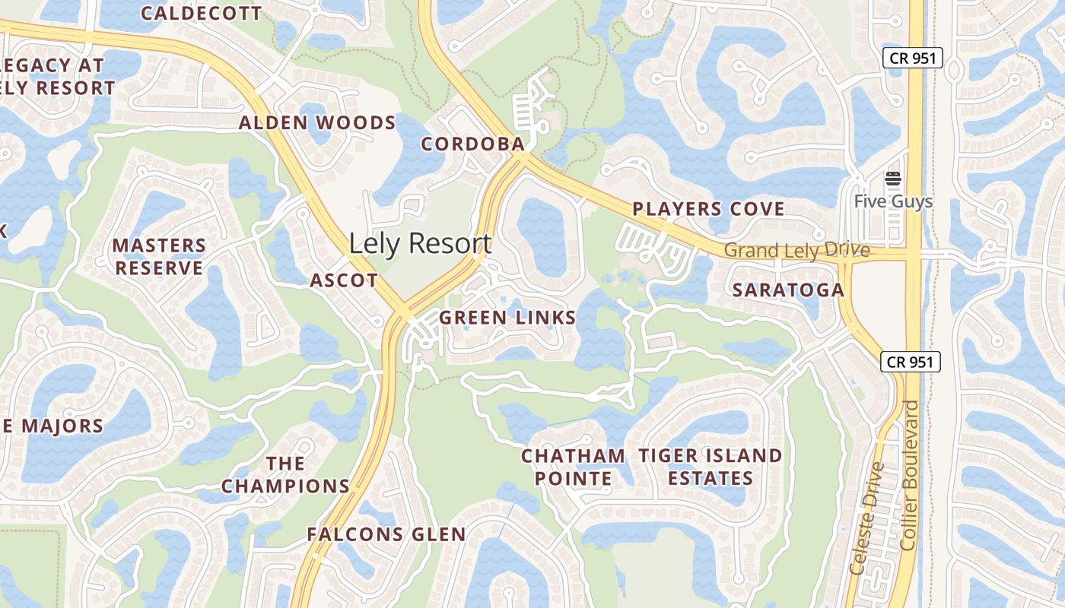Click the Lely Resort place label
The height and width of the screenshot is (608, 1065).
click(x=420, y=244)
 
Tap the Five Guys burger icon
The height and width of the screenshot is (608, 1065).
click(x=892, y=179)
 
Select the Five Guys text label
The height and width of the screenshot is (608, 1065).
click(x=892, y=201)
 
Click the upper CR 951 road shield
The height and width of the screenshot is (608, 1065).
click(x=913, y=58)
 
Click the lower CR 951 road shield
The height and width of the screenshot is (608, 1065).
click(x=911, y=362)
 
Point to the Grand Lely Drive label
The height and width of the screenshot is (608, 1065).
click(x=796, y=250)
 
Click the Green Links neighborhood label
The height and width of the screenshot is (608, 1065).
click(x=507, y=318)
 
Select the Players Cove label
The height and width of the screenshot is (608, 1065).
click(x=708, y=209)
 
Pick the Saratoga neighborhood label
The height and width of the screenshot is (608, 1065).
click(x=788, y=290)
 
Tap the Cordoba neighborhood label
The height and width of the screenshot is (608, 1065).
click(x=472, y=144)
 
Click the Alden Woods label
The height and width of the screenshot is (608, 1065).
click(x=317, y=122)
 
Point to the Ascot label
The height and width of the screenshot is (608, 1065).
click(x=344, y=280)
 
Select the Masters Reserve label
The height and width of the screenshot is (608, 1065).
click(x=159, y=257)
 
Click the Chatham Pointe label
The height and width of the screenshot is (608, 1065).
click(x=573, y=467)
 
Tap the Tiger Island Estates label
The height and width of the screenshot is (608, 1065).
click(x=710, y=467)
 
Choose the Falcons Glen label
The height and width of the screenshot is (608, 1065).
click(x=386, y=534)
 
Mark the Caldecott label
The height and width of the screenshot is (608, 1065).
click(x=201, y=13)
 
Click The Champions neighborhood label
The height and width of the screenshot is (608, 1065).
click(x=286, y=474)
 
